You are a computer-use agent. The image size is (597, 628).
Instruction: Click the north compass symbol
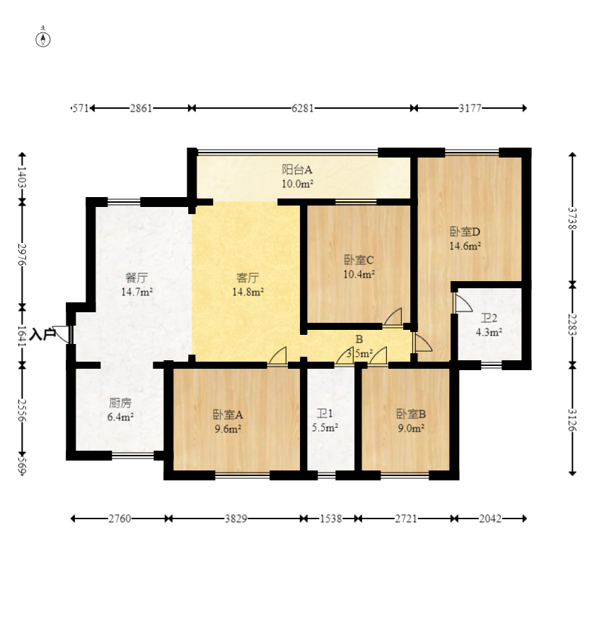click(43, 38)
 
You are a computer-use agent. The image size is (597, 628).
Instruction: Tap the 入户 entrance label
click(43, 333)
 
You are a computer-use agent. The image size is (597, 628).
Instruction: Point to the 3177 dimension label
click(470, 108)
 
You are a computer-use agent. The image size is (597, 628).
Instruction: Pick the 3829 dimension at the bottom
click(236, 519)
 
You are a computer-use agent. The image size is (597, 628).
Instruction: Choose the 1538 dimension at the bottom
click(330, 519)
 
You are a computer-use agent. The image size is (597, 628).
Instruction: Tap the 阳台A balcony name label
click(297, 170)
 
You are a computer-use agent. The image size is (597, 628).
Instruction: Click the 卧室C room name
click(359, 260)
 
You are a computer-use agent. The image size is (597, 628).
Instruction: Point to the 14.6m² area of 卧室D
click(465, 246)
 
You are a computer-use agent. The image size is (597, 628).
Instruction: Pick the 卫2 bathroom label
click(489, 318)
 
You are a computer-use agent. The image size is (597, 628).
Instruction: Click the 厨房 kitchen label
click(120, 403)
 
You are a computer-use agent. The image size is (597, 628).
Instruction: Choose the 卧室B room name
click(410, 414)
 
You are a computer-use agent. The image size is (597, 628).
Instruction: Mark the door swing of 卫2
click(463, 304)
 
